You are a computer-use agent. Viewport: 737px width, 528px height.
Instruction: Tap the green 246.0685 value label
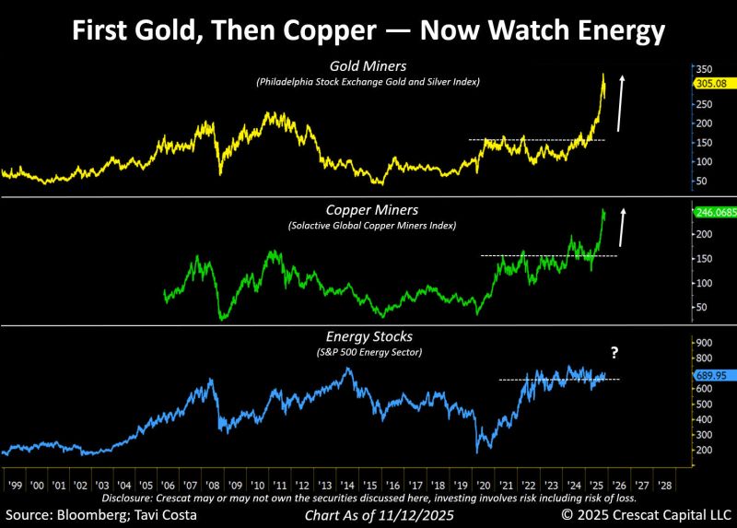pos(712,211)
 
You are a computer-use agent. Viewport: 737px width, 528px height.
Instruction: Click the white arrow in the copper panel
pos(622,227)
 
